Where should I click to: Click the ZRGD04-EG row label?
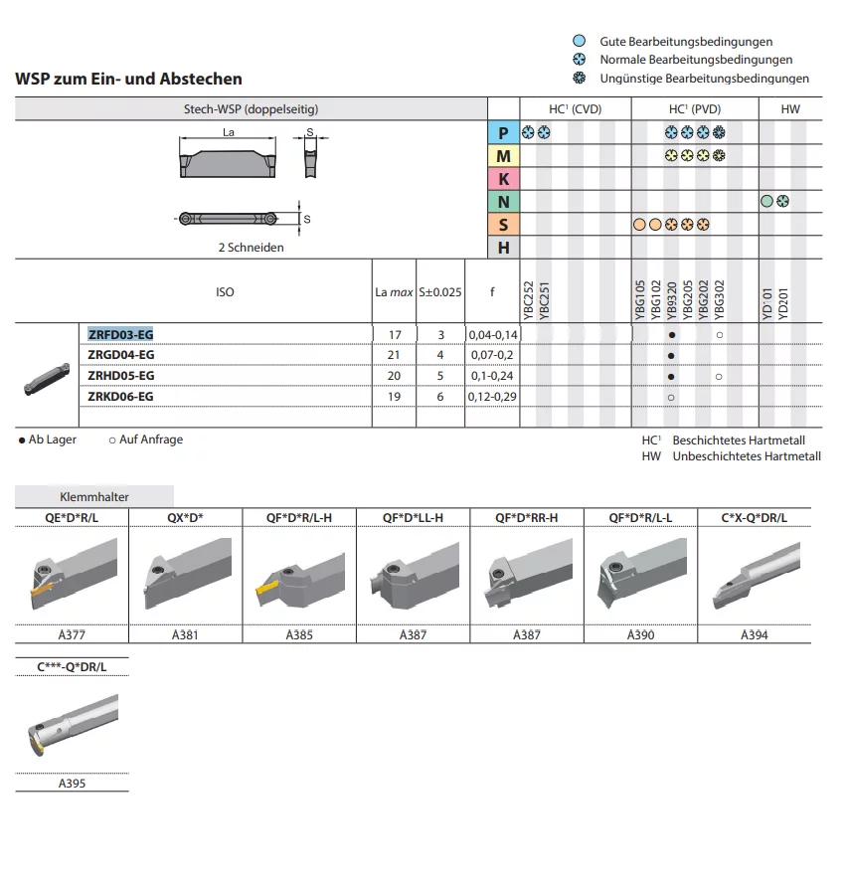[x=120, y=355]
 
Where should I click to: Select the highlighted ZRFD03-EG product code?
[x=120, y=334]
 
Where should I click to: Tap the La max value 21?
[x=394, y=355]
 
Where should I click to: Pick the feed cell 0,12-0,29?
[x=492, y=397]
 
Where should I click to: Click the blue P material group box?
[x=503, y=133]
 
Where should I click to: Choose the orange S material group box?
[x=503, y=225]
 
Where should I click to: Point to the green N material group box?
[x=503, y=202]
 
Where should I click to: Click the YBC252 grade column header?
[x=528, y=300]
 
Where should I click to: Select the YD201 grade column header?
[x=782, y=303]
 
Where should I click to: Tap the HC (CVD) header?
[x=575, y=108]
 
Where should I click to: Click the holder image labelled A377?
[x=72, y=575]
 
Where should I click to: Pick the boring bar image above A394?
[x=756, y=576]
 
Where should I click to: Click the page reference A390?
[x=641, y=634]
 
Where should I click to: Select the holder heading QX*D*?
[x=185, y=517]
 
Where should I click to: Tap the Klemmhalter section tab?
[x=94, y=497]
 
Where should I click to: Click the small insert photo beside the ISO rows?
[x=47, y=379]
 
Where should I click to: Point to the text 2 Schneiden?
[x=252, y=248]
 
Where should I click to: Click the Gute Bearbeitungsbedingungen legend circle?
[x=579, y=41]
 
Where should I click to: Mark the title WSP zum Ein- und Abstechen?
[x=128, y=79]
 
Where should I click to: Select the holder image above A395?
[x=73, y=725]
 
